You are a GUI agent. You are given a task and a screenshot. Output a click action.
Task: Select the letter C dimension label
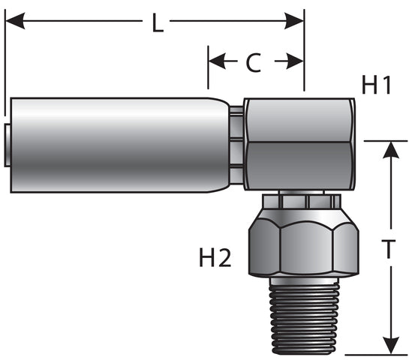254,63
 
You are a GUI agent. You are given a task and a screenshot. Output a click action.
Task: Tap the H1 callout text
377,85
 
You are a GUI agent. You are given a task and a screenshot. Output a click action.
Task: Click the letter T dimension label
389,252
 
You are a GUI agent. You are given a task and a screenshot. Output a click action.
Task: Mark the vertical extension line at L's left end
5,60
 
